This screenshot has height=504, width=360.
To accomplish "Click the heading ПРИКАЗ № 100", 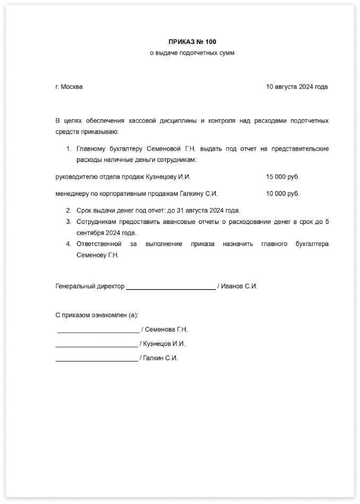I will point(192,41).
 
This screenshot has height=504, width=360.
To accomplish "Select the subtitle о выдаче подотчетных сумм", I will point(192,53).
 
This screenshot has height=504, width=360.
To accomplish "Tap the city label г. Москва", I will point(69,87).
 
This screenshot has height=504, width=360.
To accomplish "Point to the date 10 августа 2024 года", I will point(297,87).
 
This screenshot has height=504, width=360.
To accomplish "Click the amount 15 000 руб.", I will point(282,177).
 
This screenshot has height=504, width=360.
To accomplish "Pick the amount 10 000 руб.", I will point(282,194).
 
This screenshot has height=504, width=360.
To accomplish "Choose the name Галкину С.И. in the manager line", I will point(200,194).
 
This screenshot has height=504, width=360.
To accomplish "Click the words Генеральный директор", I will point(90,286).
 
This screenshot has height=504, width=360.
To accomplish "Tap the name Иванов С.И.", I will point(239,286).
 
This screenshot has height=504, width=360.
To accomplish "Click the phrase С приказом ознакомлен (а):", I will point(97,315).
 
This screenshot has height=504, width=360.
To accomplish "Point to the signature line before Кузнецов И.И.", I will point(97,346).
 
